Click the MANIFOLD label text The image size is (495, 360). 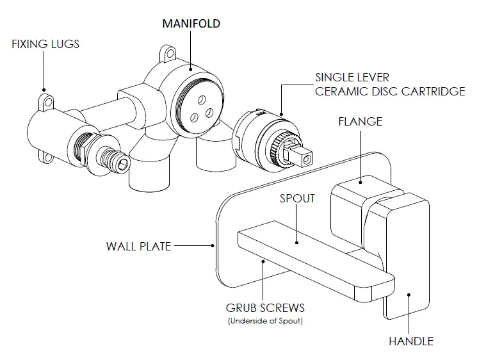pyautogui.click(x=191, y=24)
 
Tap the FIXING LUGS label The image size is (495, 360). pyautogui.click(x=45, y=45)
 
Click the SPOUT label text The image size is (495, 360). pyautogui.click(x=297, y=198)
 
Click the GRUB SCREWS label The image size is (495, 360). pyautogui.click(x=265, y=307)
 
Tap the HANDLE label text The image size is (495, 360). pyautogui.click(x=411, y=341)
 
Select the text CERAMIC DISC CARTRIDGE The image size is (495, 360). pyautogui.click(x=389, y=91)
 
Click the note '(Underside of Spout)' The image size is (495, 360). pyautogui.click(x=265, y=320)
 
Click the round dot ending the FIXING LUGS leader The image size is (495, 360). pyautogui.click(x=45, y=90)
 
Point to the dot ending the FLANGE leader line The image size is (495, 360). pyautogui.click(x=363, y=181)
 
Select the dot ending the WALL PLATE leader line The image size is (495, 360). pyautogui.click(x=212, y=245)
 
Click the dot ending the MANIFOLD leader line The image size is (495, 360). pyautogui.click(x=191, y=67)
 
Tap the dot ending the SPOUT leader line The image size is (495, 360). pyautogui.click(x=297, y=242)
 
